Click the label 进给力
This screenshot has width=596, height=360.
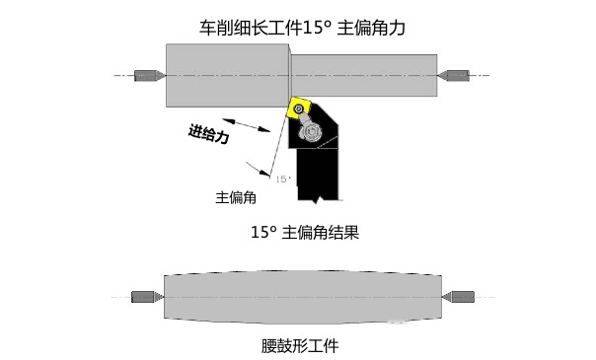[x=209, y=134]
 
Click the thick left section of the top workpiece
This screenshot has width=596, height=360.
[x=227, y=74]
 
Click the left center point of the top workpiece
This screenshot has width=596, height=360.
[x=150, y=75]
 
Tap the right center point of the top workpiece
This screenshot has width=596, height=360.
[x=456, y=75]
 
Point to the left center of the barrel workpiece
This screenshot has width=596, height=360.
[x=147, y=297]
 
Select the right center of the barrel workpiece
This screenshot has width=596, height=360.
[x=460, y=297]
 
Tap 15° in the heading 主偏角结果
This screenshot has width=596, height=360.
[x=263, y=234]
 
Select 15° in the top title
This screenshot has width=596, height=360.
[x=316, y=28]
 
